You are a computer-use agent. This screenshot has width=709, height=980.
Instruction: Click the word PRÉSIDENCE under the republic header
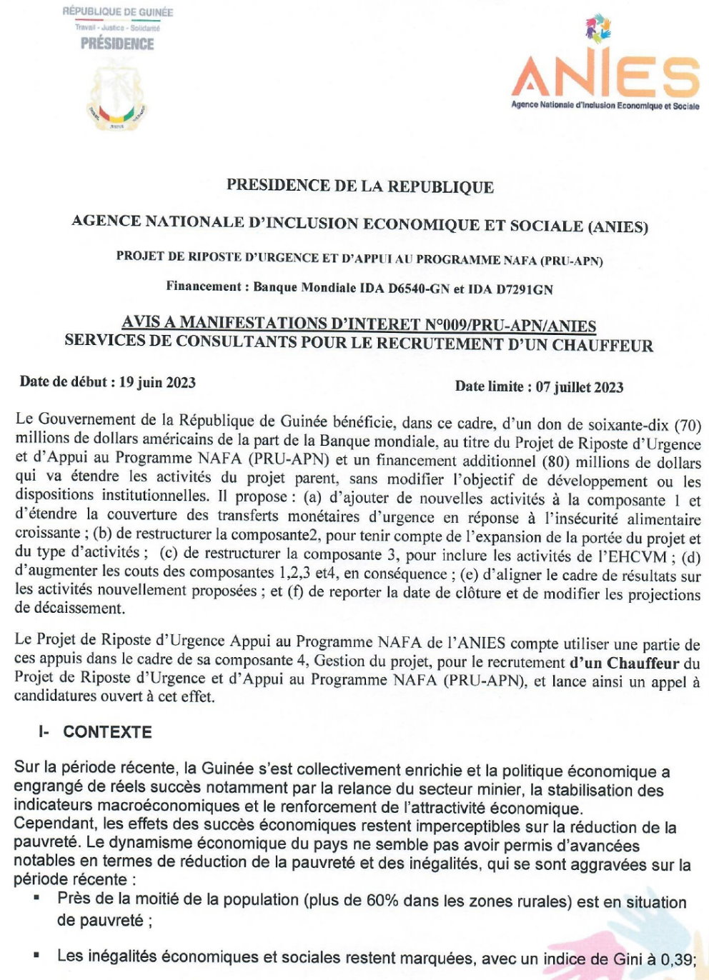(x=117, y=44)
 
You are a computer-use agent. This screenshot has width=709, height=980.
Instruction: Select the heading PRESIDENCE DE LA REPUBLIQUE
(x=360, y=186)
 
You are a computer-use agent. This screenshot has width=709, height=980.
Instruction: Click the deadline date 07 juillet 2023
(x=580, y=387)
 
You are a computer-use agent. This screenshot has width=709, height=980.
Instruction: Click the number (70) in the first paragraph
(x=688, y=426)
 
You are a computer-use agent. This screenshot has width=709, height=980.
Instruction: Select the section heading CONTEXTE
(x=107, y=732)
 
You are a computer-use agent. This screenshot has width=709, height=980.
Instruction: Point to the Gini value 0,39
(x=676, y=959)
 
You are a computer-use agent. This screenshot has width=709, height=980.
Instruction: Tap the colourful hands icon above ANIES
(x=599, y=30)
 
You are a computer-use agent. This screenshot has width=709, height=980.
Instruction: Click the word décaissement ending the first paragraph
(x=69, y=608)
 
